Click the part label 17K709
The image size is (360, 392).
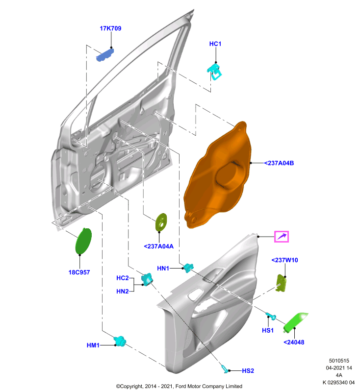tap(110, 28)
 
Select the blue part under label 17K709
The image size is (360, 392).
tap(105, 55)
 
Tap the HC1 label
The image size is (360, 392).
tap(215, 44)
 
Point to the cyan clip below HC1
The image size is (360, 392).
tap(215, 72)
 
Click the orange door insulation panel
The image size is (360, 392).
tap(217, 175)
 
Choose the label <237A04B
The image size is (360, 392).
tap(279, 163)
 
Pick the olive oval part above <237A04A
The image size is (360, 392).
tap(161, 222)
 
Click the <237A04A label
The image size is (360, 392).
tap(158, 246)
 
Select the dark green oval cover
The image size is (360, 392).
tap(83, 241)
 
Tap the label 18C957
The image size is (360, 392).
tap(79, 272)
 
